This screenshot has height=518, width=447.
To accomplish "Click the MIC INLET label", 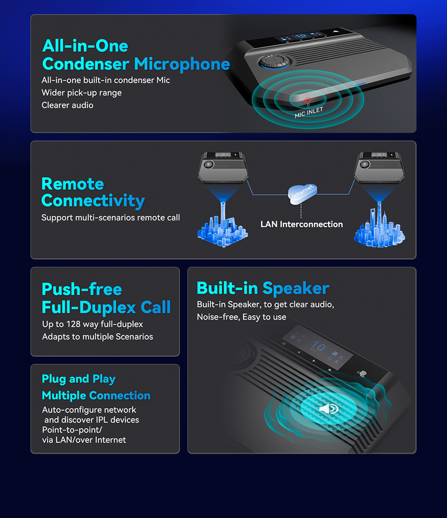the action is click(x=309, y=112).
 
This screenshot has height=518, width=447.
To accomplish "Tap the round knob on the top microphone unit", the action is click(x=275, y=61).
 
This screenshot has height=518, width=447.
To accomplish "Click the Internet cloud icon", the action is click(x=303, y=194).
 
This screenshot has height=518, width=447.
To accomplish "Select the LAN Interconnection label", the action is click(x=302, y=224).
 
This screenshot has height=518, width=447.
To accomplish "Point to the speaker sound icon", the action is click(x=329, y=409).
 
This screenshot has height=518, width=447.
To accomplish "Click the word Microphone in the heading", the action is click(x=182, y=64).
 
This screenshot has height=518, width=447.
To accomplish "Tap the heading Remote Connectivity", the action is click(x=93, y=192).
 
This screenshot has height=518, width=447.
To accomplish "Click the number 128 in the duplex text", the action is click(x=73, y=324).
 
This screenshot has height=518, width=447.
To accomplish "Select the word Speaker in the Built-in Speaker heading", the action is click(x=296, y=288).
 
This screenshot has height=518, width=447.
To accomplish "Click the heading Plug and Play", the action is click(x=79, y=379).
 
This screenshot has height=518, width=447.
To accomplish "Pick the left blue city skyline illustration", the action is click(x=223, y=225).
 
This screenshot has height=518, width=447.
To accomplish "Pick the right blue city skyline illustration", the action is click(x=379, y=225).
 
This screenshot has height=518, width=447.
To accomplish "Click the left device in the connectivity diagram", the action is click(x=223, y=167).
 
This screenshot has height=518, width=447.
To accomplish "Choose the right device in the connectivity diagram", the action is click(x=379, y=167).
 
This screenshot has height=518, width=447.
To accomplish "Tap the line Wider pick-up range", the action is click(x=82, y=93).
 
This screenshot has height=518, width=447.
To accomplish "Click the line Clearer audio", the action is click(x=67, y=105).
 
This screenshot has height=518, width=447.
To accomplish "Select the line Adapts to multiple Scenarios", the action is click(x=98, y=336).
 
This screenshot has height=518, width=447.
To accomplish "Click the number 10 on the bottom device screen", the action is click(x=318, y=346).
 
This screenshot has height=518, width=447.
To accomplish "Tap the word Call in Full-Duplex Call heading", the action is click(x=156, y=307).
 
